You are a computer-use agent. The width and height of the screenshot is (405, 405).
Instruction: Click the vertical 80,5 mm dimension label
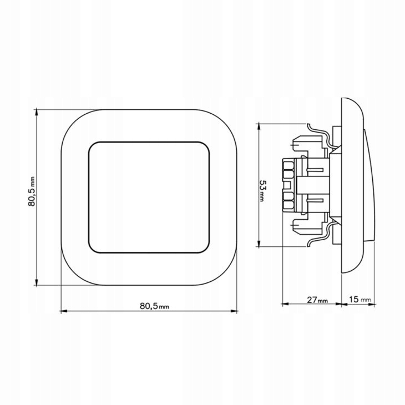(x=32, y=191)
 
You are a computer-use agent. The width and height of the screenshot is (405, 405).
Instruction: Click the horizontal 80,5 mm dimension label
(x=154, y=306)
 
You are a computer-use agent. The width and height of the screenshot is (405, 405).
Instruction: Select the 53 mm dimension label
(x=262, y=191)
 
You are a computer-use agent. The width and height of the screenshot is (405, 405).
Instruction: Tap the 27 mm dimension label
(x=317, y=300)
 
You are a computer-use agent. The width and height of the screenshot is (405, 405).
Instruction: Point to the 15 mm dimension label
(x=360, y=300)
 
